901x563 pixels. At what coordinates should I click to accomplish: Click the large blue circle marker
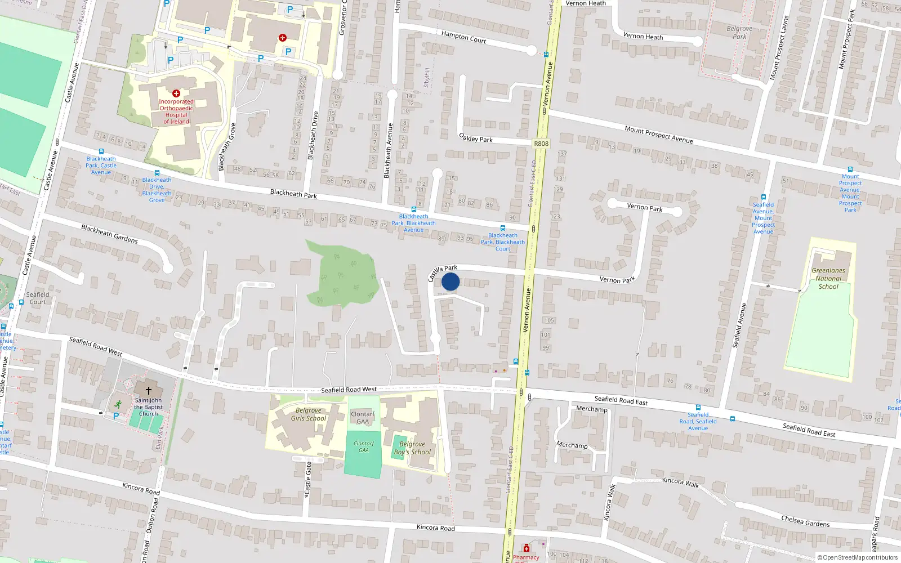[450, 281]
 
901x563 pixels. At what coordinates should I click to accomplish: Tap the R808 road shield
[541, 144]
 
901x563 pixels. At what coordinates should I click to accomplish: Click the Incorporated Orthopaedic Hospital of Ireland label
[176, 111]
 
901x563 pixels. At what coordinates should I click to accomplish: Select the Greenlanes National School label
[828, 278]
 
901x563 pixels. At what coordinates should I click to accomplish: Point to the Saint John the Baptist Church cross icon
[149, 390]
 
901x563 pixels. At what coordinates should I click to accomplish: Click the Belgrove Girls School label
[309, 414]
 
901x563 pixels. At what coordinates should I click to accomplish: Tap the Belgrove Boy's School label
[412, 448]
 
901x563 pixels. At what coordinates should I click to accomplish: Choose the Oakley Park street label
[476, 138]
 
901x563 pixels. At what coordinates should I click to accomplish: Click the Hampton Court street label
[463, 37]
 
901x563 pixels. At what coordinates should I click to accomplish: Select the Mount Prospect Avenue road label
[659, 134]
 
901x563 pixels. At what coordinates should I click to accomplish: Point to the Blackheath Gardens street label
[109, 234]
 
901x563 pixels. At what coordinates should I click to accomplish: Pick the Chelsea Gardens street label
[805, 521]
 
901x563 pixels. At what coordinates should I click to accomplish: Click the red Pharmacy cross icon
[527, 548]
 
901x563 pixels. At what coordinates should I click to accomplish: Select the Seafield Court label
[38, 298]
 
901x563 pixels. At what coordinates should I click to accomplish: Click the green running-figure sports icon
[118, 404]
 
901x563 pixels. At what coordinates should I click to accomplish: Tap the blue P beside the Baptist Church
[116, 416]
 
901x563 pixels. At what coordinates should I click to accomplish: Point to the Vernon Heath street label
[643, 36]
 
